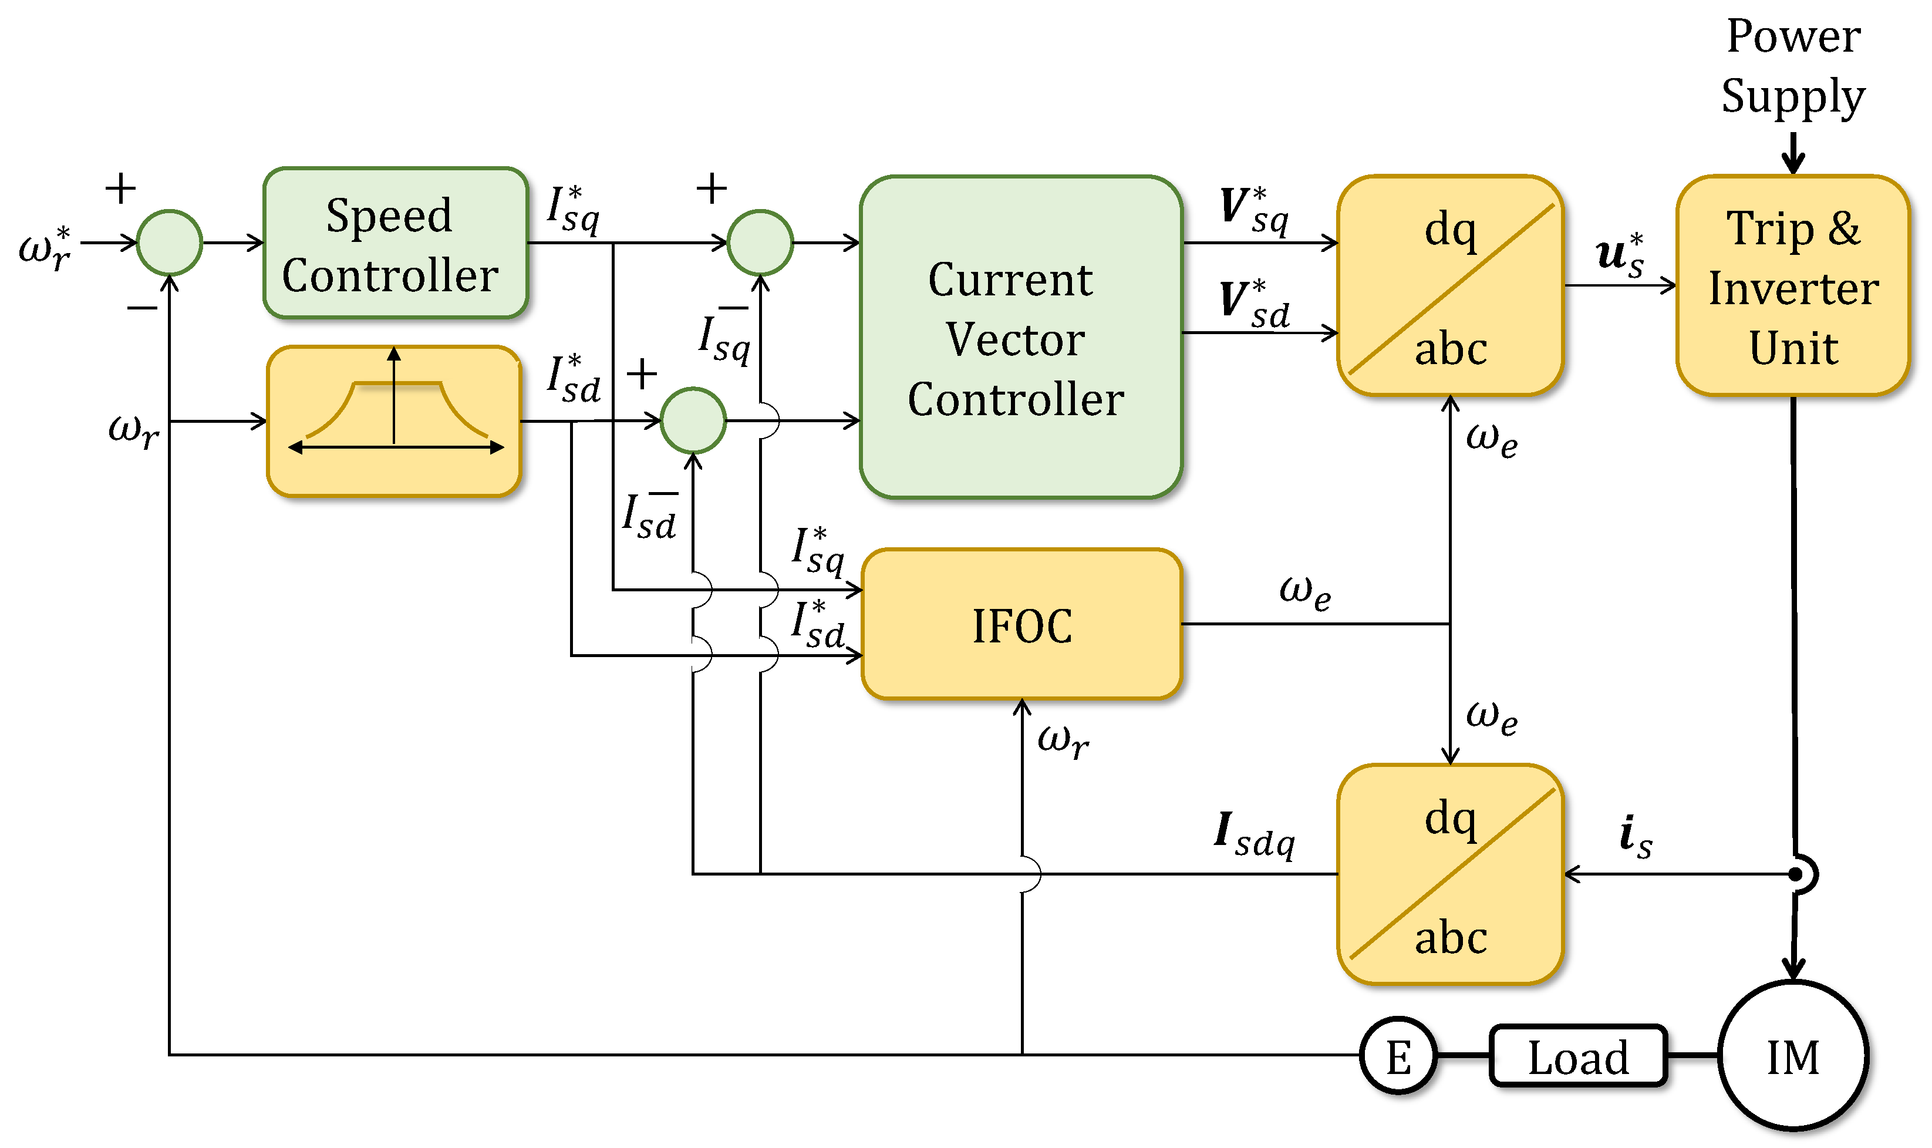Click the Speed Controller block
[395, 243]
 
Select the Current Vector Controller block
[1020, 337]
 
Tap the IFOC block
[1021, 624]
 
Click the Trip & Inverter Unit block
[1792, 286]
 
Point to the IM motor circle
[1793, 1055]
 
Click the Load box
[1578, 1056]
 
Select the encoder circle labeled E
[1398, 1056]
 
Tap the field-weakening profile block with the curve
[394, 421]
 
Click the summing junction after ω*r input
[170, 243]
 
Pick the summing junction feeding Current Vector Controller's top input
[760, 243]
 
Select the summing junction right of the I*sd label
[693, 420]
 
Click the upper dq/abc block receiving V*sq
[1450, 286]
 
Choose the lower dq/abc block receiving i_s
[1450, 874]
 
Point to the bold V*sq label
[1253, 210]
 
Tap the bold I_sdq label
[1253, 836]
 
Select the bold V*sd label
[1253, 303]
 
